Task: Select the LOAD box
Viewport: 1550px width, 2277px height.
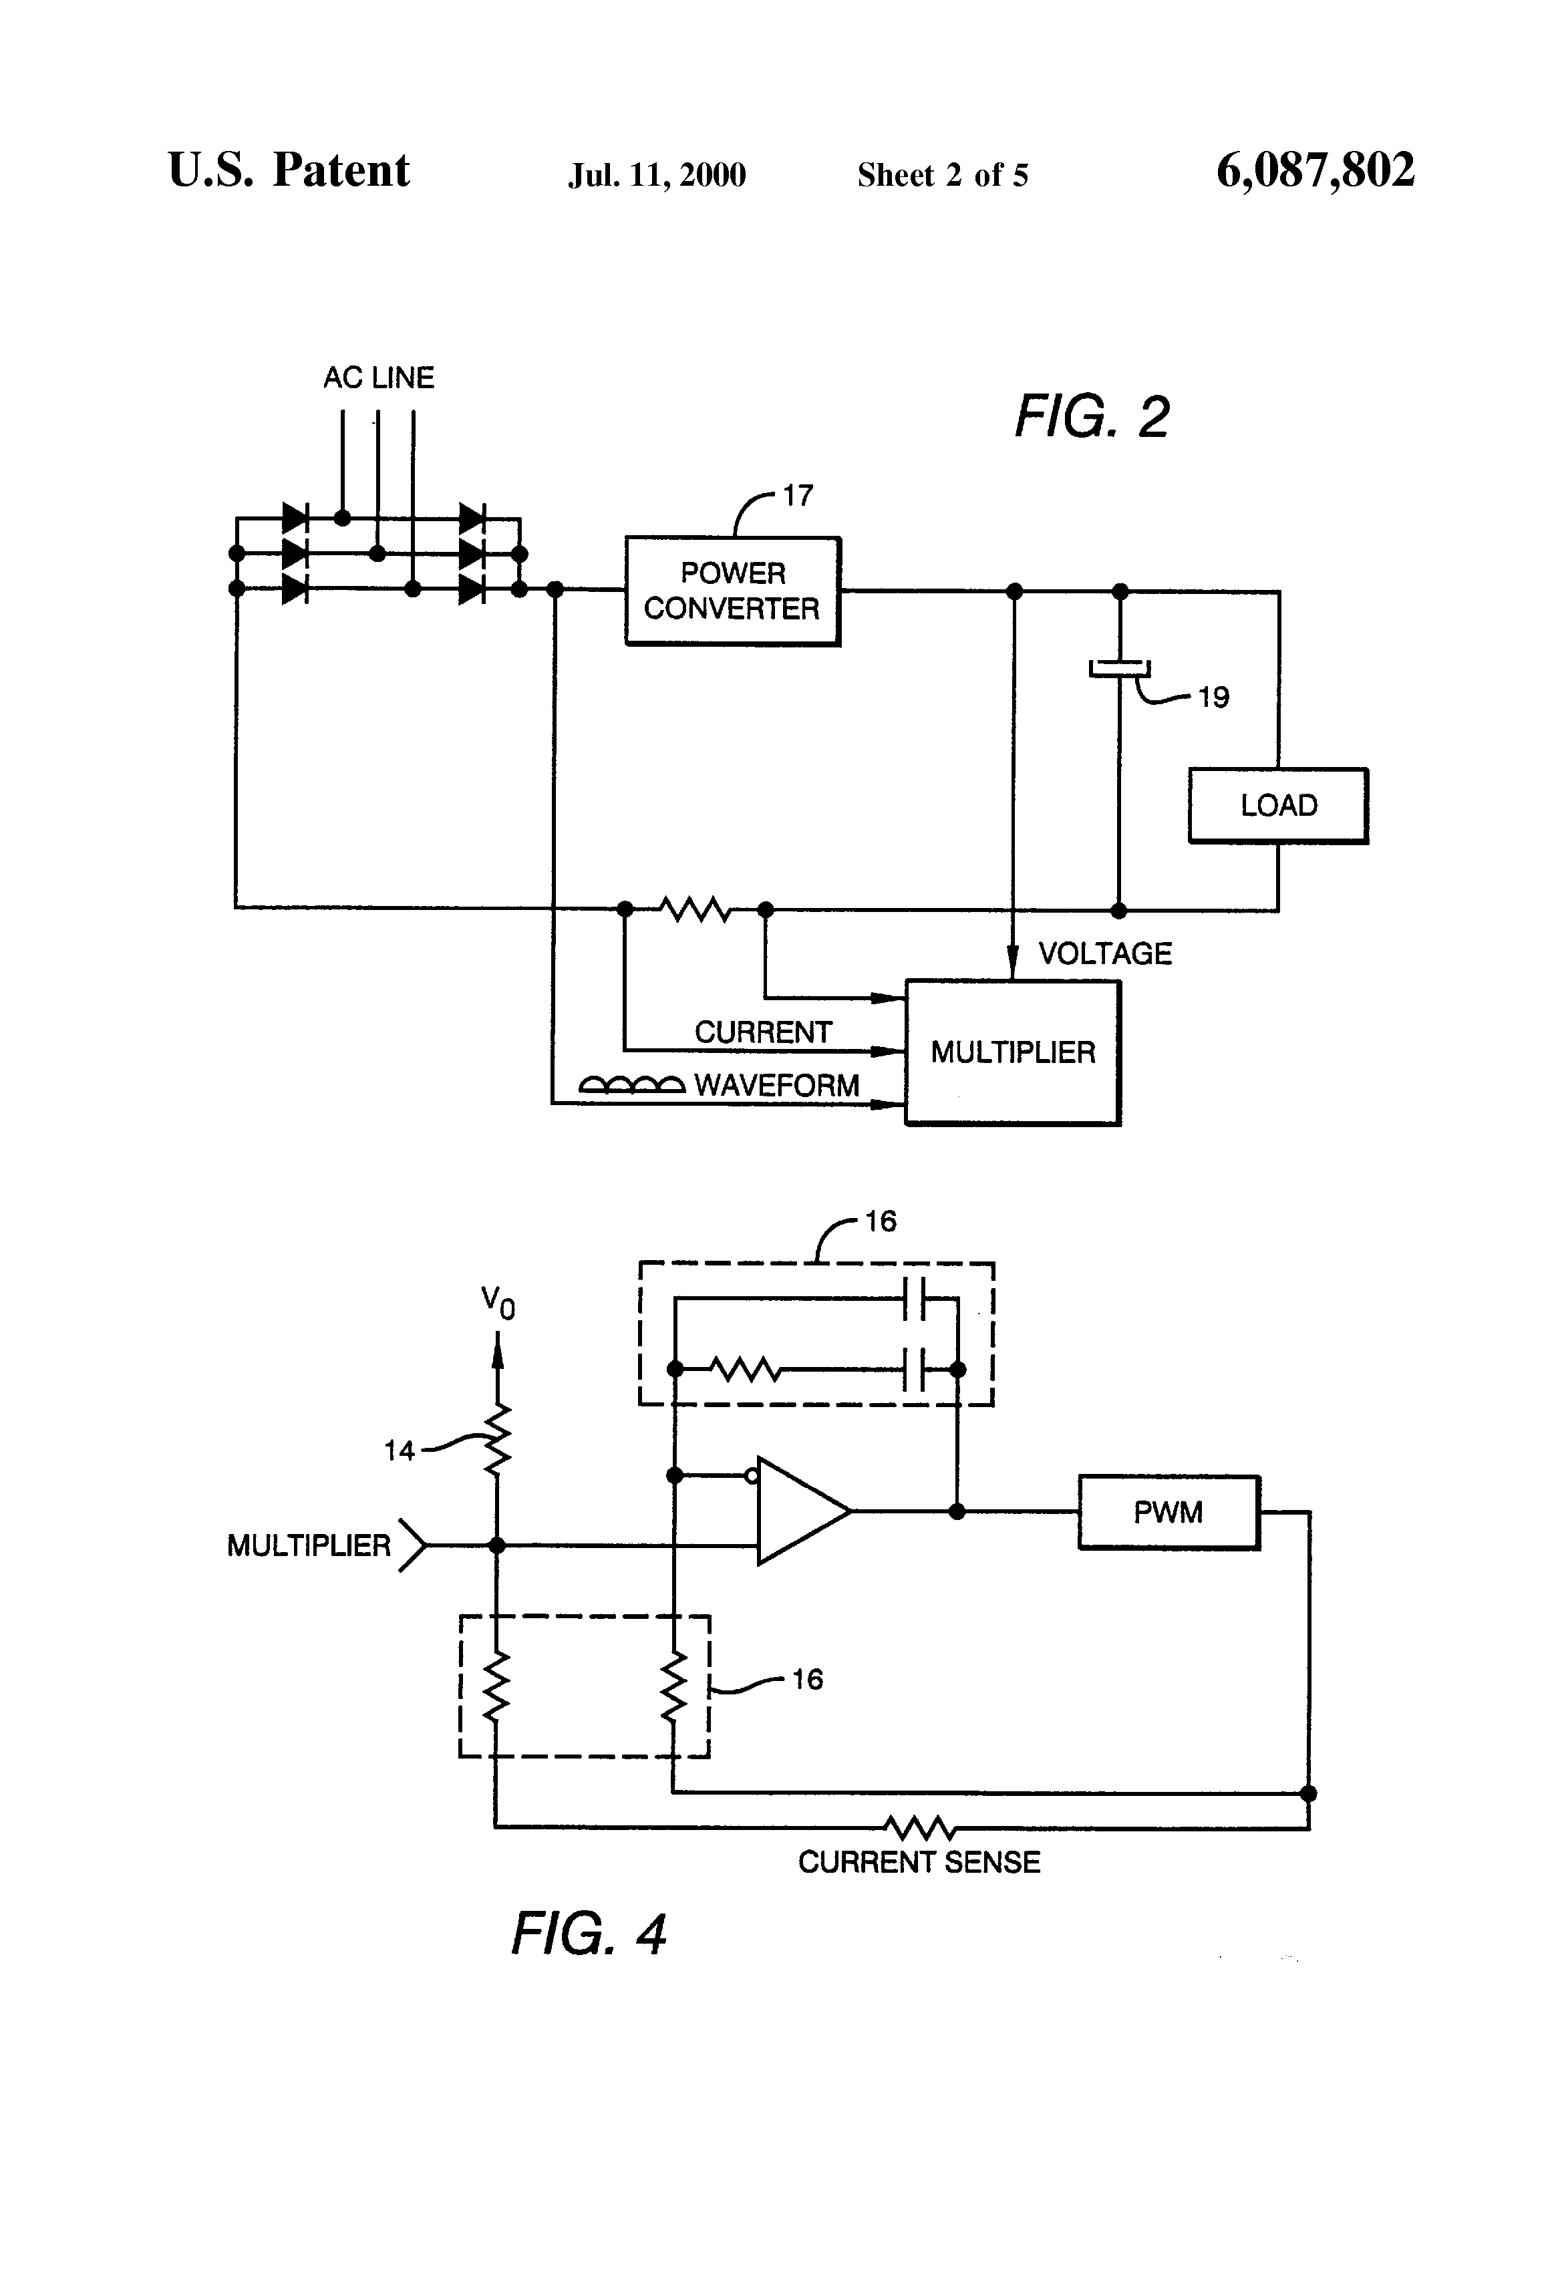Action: coord(1277,805)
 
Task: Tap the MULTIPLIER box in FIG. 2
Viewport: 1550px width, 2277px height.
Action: coord(1012,1052)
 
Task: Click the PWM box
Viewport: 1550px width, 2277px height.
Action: coord(1168,1512)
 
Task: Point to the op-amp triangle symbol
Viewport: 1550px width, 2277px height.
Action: coord(798,1511)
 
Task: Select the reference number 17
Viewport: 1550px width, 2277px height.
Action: coord(798,496)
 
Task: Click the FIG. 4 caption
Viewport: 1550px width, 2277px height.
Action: coord(588,1933)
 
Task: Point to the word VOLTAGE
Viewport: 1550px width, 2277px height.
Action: coord(1104,953)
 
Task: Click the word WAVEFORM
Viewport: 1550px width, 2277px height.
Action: coord(776,1086)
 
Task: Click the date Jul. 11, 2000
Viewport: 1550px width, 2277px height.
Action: coord(657,175)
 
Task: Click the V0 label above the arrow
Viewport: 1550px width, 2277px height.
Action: coord(498,1303)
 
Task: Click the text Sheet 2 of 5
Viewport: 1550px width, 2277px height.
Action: coord(943,175)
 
